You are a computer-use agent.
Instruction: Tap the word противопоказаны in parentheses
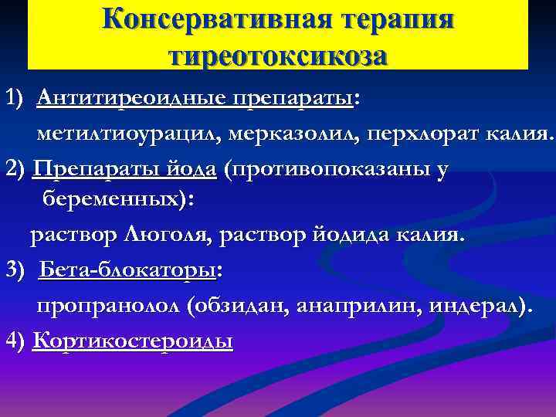(x=329, y=168)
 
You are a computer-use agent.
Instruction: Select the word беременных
(x=112, y=200)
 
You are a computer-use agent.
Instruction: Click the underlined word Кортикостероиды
(x=133, y=340)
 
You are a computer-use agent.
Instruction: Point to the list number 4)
(x=15, y=340)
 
